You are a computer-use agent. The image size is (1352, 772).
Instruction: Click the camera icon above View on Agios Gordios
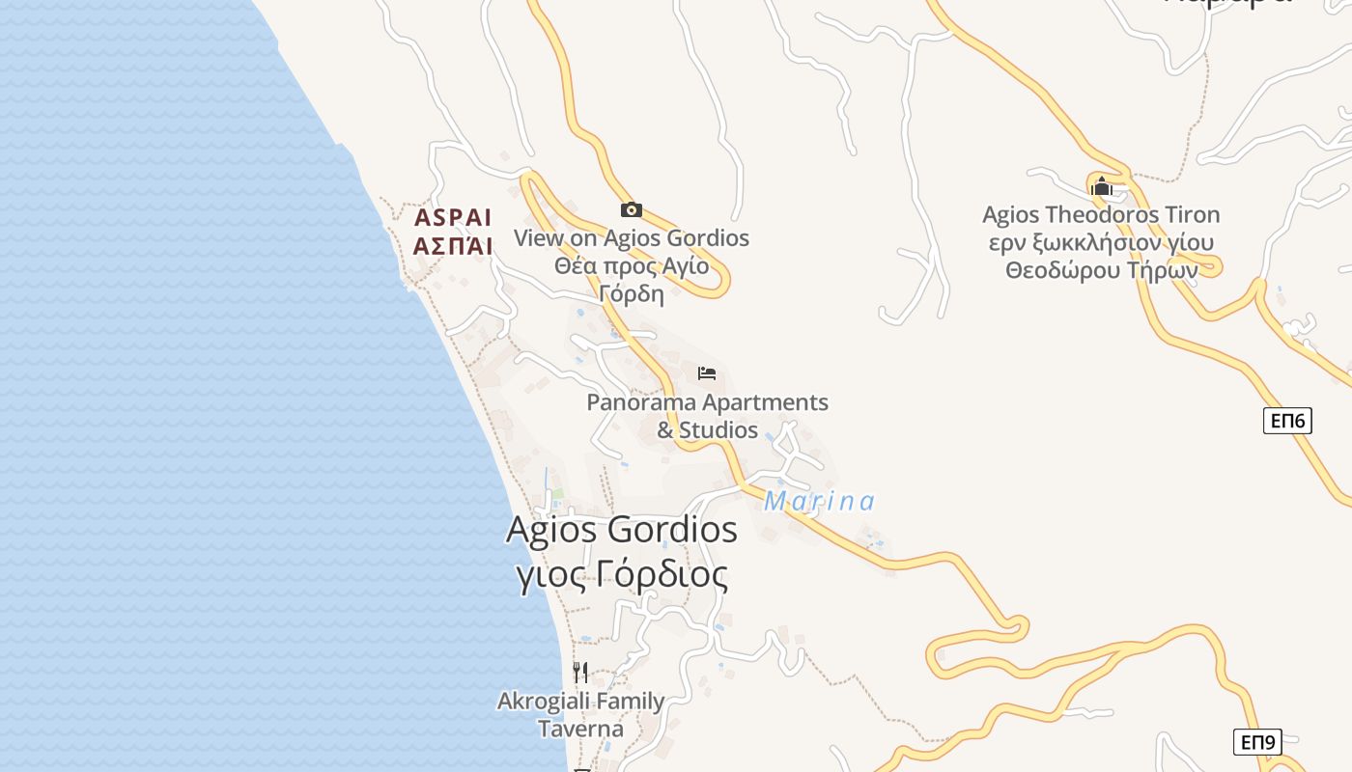(632, 209)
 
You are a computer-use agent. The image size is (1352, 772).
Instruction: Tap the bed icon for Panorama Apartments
(707, 373)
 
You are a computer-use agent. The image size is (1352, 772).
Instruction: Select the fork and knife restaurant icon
(580, 672)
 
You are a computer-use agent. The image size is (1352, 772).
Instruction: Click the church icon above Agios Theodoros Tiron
(1102, 186)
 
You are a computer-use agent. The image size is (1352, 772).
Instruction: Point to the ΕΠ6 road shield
(1287, 420)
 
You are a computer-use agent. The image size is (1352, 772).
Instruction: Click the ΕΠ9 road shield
(1258, 742)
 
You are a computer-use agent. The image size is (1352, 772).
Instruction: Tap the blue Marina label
(819, 502)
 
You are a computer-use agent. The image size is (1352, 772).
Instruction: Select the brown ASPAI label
(453, 217)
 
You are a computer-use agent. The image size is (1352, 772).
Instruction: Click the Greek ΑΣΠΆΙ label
(453, 246)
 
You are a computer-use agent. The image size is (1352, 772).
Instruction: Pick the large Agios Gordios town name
(622, 530)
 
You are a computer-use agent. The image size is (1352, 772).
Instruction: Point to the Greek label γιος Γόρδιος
(622, 575)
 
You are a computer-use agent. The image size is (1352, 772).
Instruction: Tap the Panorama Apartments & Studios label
(707, 416)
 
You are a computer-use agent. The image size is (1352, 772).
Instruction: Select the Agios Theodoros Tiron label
(1101, 214)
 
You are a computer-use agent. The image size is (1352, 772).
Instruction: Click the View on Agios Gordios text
(632, 237)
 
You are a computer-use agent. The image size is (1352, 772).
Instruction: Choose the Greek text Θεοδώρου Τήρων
(1101, 270)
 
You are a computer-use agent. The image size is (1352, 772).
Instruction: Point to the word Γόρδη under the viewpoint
(632, 294)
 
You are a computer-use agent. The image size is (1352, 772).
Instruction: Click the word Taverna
(580, 729)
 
